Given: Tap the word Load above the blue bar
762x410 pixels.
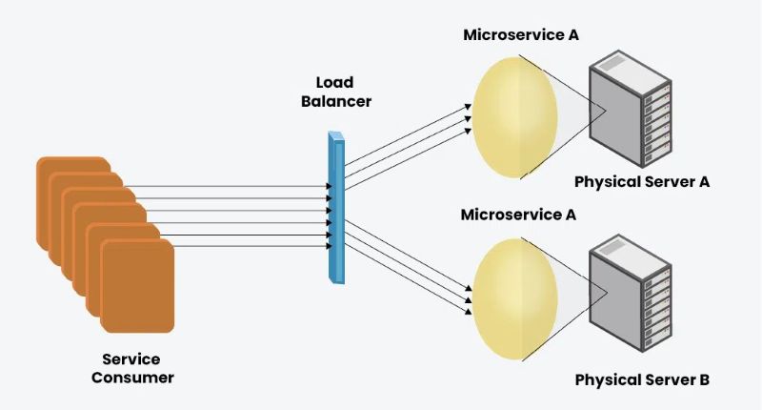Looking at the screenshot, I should coord(335,82).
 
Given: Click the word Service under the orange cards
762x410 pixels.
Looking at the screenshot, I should coord(131,359).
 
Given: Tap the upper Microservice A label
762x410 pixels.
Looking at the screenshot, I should coord(521,35).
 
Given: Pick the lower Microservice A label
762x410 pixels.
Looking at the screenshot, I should coord(518,215).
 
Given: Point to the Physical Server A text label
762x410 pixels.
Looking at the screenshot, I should coord(642,181).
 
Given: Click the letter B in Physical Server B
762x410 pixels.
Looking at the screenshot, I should coord(703,380).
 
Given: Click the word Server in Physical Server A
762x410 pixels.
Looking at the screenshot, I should coord(671,181).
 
